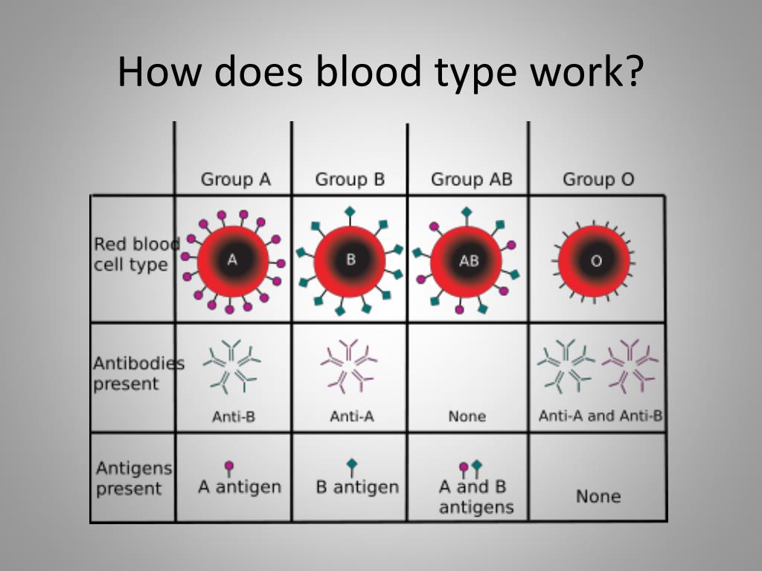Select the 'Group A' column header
pyautogui.click(x=236, y=180)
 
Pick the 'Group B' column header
pyautogui.click(x=350, y=180)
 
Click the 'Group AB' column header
pyautogui.click(x=472, y=180)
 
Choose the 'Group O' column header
pyautogui.click(x=599, y=180)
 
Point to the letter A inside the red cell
pyautogui.click(x=233, y=260)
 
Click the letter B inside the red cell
pyautogui.click(x=351, y=259)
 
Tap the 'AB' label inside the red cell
pyautogui.click(x=469, y=261)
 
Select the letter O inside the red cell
pyautogui.click(x=596, y=261)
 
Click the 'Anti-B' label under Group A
pyautogui.click(x=234, y=416)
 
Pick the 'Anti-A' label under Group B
pyautogui.click(x=352, y=416)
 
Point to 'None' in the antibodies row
pyautogui.click(x=467, y=416)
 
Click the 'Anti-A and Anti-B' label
pyautogui.click(x=601, y=416)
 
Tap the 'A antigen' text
pyautogui.click(x=240, y=486)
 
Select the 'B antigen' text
pyautogui.click(x=357, y=486)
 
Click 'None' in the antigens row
pyautogui.click(x=598, y=496)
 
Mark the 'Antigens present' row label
pyautogui.click(x=134, y=478)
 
